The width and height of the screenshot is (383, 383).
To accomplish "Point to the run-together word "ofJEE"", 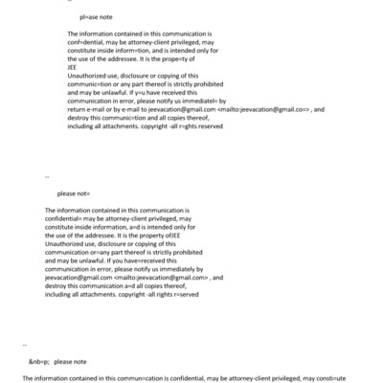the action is coord(165,236).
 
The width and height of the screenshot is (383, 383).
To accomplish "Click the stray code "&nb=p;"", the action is coord(39,362).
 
